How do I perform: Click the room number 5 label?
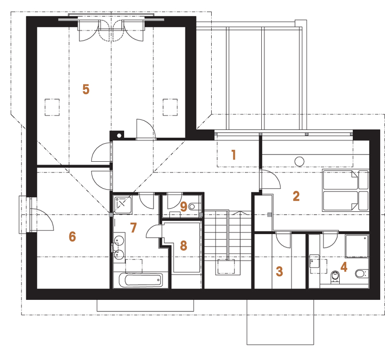[86, 90]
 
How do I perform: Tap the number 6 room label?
[72, 237]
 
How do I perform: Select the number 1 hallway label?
[234, 155]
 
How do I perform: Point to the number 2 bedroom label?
[296, 196]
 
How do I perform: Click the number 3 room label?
[280, 271]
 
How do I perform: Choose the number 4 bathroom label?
[344, 267]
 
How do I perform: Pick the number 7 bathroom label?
[133, 228]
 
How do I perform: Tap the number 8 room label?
[183, 245]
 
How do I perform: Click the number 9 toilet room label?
[183, 206]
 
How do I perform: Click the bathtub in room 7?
[141, 280]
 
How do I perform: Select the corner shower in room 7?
[123, 205]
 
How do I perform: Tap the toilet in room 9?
[194, 206]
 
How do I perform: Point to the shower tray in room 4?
[357, 246]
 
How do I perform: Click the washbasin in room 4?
[314, 261]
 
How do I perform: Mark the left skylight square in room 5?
[52, 107]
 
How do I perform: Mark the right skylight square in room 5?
[170, 107]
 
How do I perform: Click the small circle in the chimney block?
[119, 135]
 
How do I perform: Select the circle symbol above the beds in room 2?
[299, 162]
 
